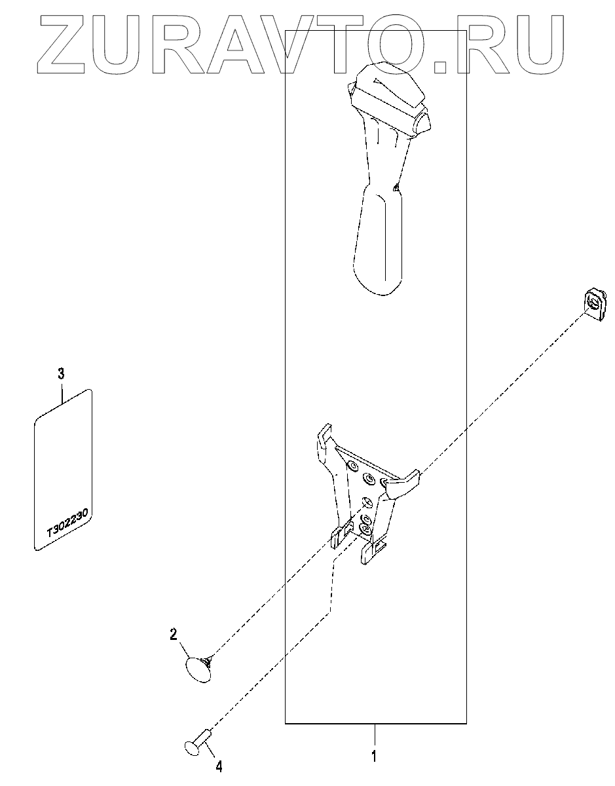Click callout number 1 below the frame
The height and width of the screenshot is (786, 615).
tap(374, 757)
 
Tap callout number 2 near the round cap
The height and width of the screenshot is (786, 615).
tap(174, 633)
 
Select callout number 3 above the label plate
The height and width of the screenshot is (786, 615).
tap(61, 374)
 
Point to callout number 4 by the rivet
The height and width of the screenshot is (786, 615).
tap(219, 764)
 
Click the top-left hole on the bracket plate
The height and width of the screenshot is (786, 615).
tap(352, 466)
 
